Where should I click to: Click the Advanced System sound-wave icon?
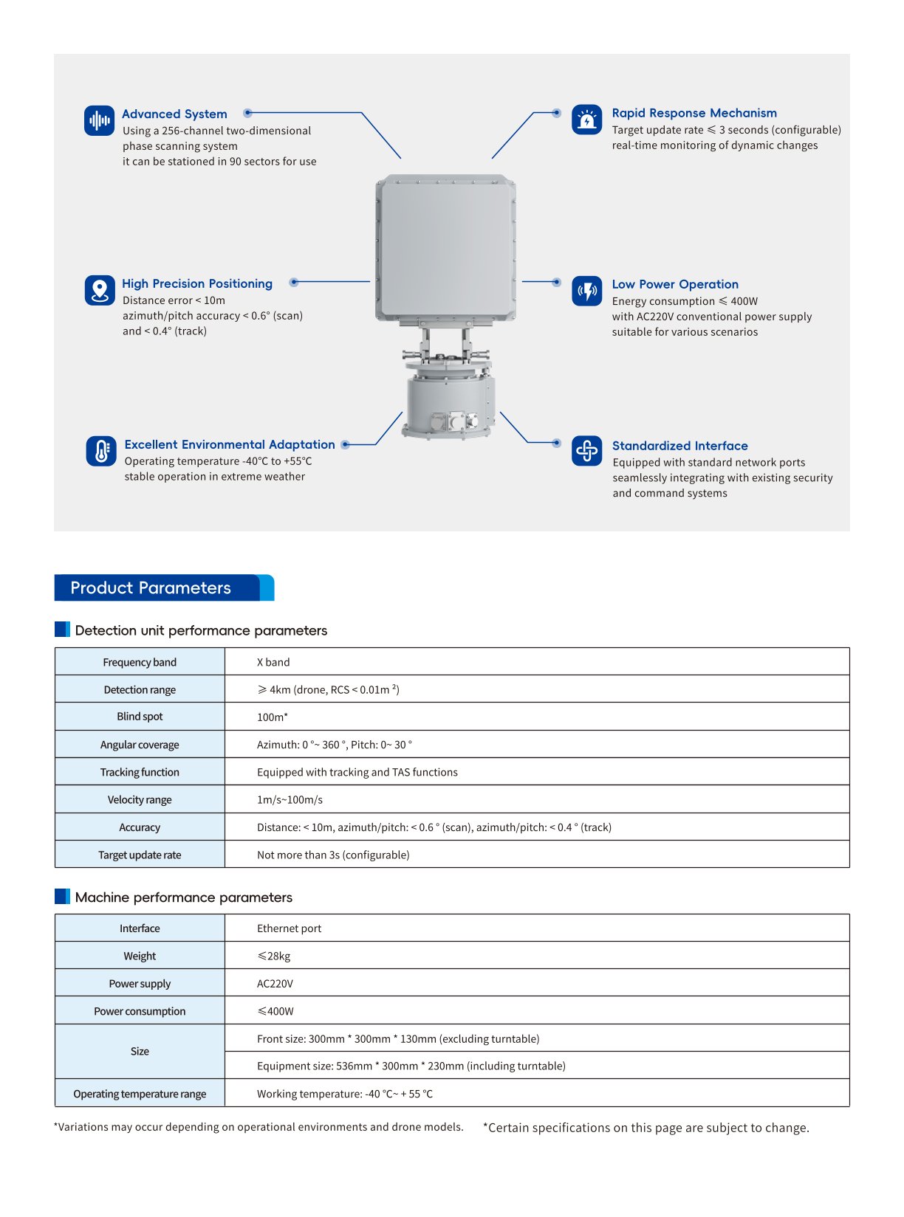(x=99, y=120)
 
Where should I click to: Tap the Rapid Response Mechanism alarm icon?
(x=586, y=120)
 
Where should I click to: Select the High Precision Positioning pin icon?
(x=100, y=290)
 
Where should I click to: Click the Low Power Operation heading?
(x=675, y=284)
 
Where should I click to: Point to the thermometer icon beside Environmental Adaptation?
(x=101, y=451)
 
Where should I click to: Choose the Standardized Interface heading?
(x=679, y=446)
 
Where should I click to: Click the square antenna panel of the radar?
(x=445, y=248)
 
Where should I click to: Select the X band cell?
(x=273, y=662)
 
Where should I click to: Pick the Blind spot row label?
(x=140, y=717)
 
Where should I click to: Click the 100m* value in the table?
(x=273, y=717)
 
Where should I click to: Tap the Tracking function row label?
(x=140, y=772)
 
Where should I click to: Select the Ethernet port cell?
(x=289, y=928)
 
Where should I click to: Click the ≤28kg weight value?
(x=274, y=956)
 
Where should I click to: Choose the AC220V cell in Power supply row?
(x=275, y=984)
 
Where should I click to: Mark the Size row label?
(x=140, y=1052)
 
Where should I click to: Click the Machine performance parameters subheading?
(x=183, y=897)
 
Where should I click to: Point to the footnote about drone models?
(x=258, y=1127)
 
